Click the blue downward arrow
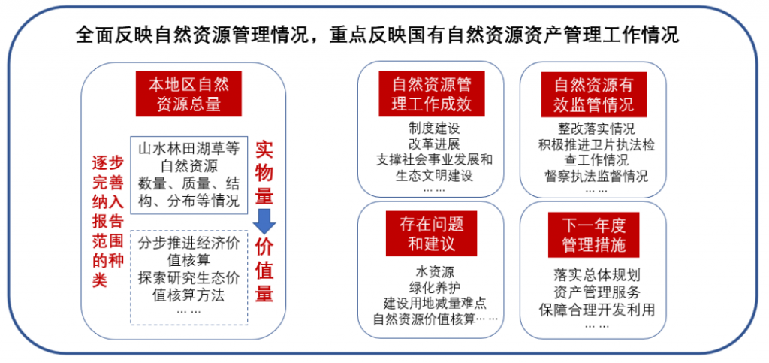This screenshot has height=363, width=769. [x=264, y=222]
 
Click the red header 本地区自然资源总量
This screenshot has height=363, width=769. [x=188, y=94]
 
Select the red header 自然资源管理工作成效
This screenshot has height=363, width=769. [x=432, y=94]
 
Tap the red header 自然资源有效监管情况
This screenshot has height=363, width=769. [x=594, y=94]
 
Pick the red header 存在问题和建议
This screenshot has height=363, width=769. [x=432, y=234]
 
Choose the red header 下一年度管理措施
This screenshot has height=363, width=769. [x=594, y=234]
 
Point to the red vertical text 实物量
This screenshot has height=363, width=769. [x=264, y=173]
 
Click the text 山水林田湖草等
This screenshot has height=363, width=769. [x=188, y=148]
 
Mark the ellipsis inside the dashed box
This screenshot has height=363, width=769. [x=188, y=311]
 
